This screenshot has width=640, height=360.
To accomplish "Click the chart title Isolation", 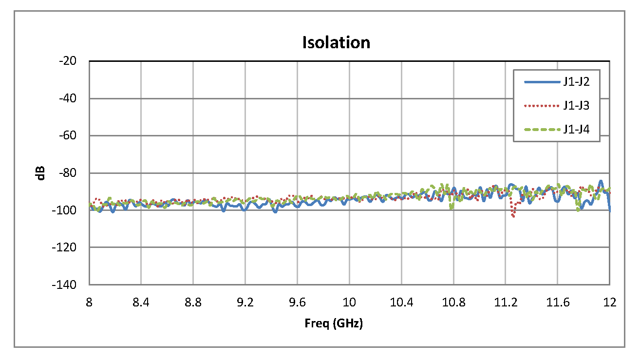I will coord(336,42).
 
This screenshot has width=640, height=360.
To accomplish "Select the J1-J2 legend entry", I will coord(577,82).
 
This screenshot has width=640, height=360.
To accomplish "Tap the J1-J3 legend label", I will coord(577,106).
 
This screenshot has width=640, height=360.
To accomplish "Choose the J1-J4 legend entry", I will coord(577,129).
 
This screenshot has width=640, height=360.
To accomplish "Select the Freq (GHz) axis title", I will coord(334,323).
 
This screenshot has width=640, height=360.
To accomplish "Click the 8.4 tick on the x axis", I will coord(141,303).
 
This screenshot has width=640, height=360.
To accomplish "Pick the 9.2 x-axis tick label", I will coord(245,303).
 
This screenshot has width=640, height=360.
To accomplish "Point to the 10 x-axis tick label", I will coord(349,303).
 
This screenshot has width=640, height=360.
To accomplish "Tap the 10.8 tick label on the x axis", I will coord(453,303).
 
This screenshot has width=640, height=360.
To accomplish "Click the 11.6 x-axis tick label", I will coord(558,303).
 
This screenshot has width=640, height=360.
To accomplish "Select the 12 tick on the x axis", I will coord(610,303).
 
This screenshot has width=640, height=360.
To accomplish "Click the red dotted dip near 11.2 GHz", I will coord(513,216).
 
